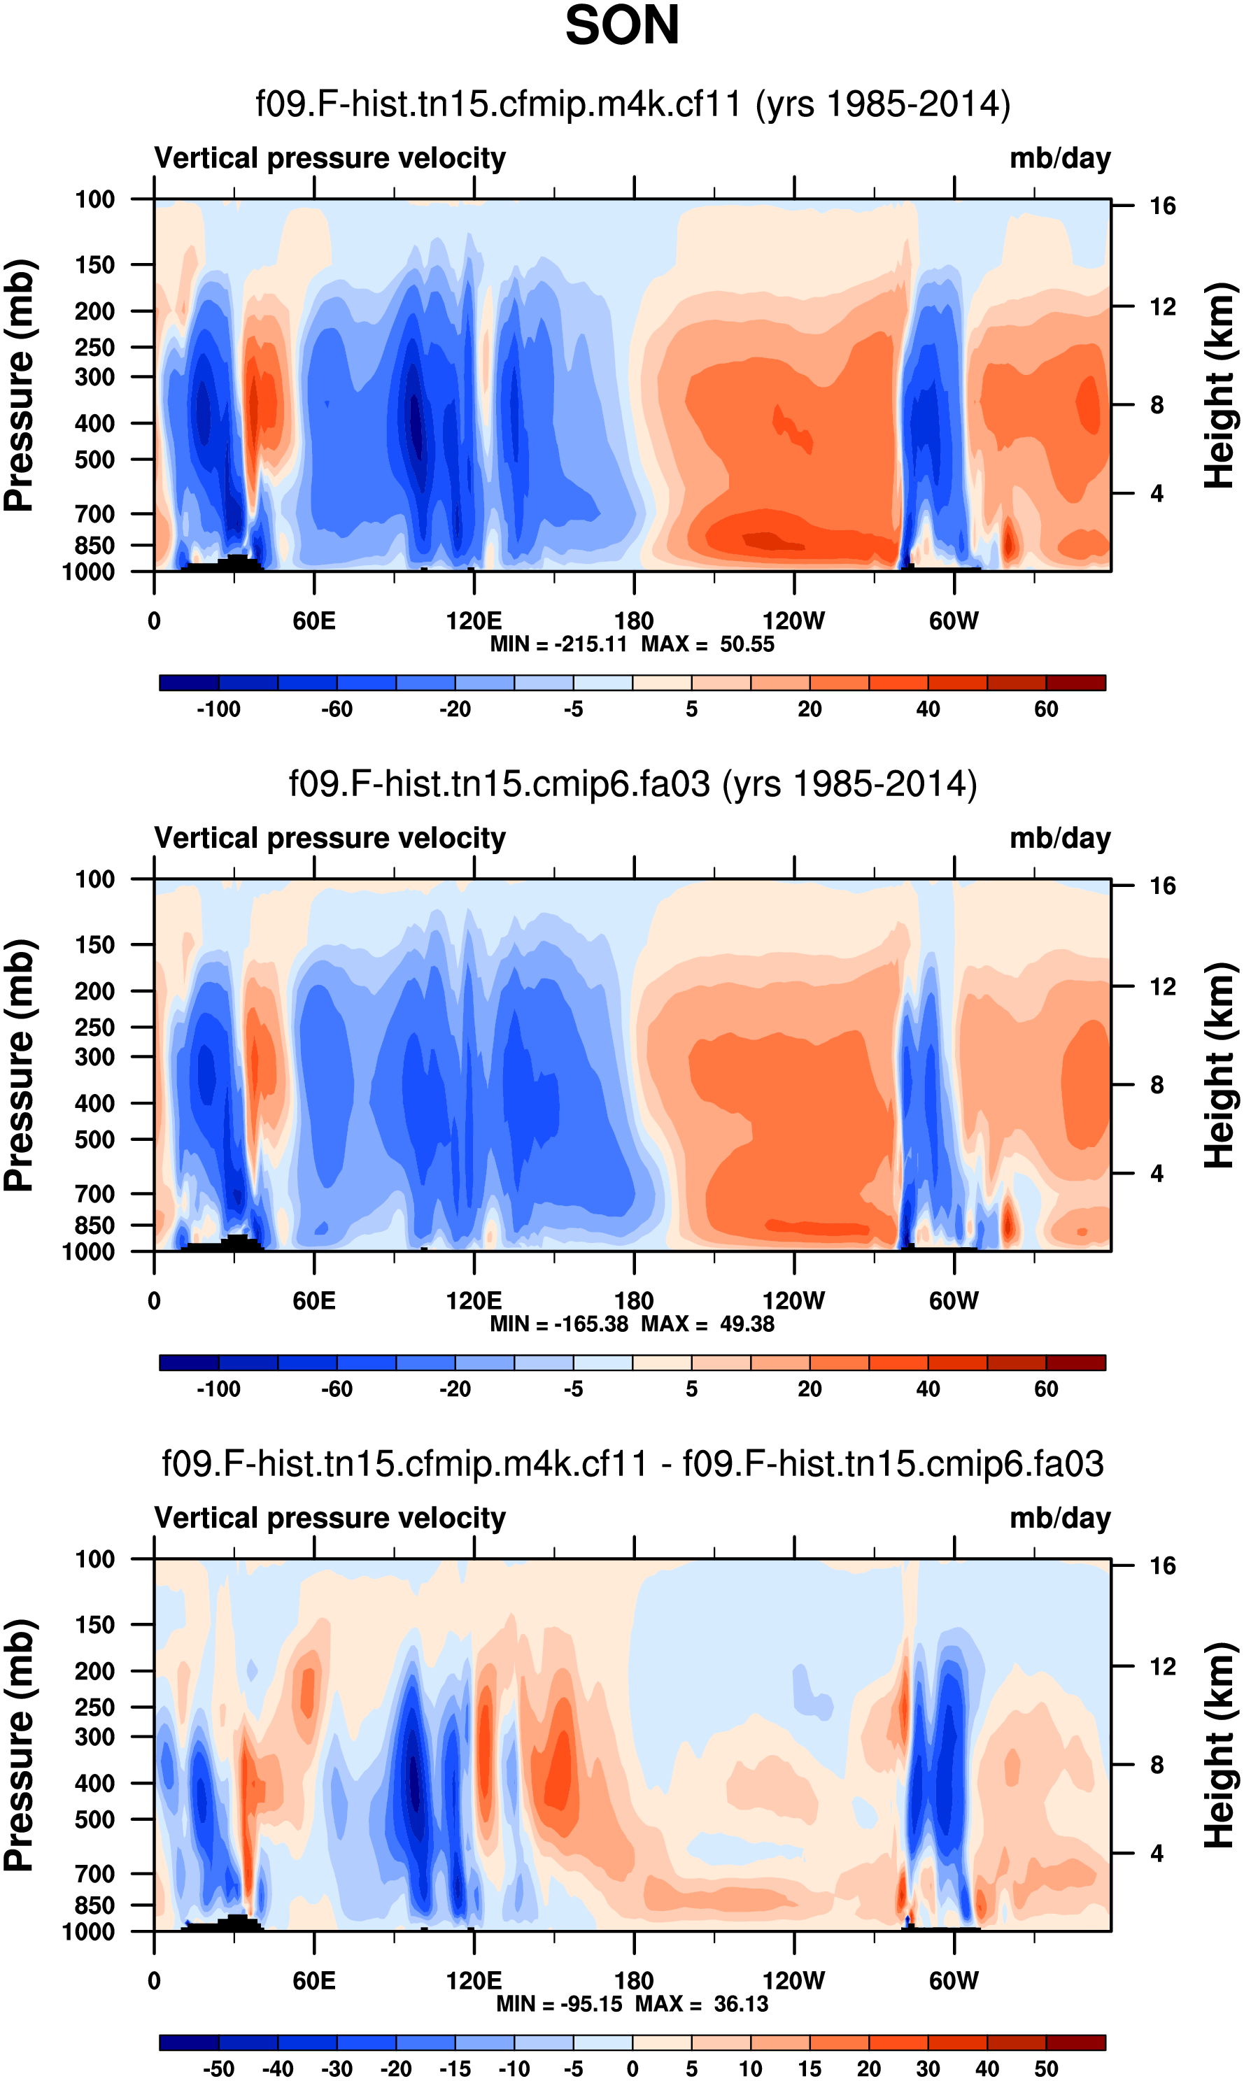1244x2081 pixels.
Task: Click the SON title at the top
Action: (622, 25)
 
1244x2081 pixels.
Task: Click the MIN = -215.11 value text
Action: (558, 644)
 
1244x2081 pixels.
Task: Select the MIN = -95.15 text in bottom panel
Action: (561, 2003)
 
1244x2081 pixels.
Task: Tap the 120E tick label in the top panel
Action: (474, 621)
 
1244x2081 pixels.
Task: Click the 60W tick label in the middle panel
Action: (953, 1301)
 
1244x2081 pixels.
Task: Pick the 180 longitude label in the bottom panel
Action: (634, 1980)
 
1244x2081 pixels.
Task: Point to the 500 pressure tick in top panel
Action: (94, 460)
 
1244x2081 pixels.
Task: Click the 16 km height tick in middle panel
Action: (1162, 885)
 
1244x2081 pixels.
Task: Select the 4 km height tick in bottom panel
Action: (1157, 1853)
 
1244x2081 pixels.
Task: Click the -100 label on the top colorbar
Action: (218, 709)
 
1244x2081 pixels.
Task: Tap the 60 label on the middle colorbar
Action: (1045, 1388)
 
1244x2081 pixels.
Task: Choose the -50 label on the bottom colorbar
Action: (218, 2068)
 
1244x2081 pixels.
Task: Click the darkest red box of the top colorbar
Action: (1075, 682)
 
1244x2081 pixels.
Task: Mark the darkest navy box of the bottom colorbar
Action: (189, 2042)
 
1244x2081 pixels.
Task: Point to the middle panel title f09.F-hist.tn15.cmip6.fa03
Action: (633, 784)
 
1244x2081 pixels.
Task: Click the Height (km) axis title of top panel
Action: (1220, 385)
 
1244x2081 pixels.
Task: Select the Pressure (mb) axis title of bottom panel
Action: (18, 1746)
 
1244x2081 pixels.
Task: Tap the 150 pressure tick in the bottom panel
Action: (94, 1624)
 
